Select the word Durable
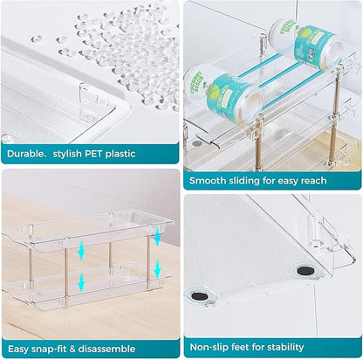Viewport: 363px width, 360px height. click(x=24, y=154)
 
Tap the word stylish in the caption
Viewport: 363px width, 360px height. click(x=67, y=154)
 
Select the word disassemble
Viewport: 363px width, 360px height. click(x=106, y=349)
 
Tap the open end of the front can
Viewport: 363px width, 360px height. click(x=248, y=107)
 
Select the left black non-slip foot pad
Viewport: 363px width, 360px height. click(x=199, y=296)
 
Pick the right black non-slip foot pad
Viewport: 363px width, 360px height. click(x=305, y=271)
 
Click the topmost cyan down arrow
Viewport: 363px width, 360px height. click(x=157, y=237)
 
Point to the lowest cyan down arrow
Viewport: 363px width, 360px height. click(x=81, y=282)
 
